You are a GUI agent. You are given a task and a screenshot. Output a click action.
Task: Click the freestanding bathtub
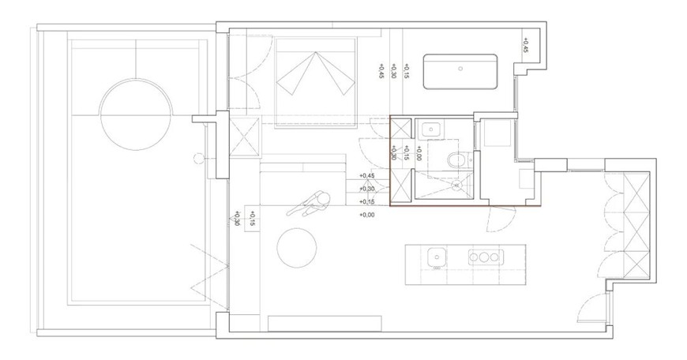[x=460, y=72]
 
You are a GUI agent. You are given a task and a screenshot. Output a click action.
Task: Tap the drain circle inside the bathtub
[x=460, y=69]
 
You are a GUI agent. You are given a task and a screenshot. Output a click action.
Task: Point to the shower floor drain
[x=456, y=185]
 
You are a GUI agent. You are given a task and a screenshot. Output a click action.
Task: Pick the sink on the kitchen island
[x=437, y=257]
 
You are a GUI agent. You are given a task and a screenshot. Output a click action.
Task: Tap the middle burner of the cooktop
[x=484, y=257]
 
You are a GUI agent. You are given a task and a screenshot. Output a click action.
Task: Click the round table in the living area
[x=297, y=248]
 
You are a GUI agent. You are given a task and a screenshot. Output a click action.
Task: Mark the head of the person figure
[x=323, y=199]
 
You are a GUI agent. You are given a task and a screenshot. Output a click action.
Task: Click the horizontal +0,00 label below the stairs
[x=367, y=215]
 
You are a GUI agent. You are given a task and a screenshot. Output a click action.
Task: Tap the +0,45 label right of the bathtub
[x=526, y=45]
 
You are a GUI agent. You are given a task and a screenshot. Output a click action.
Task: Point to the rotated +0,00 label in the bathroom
[x=419, y=153]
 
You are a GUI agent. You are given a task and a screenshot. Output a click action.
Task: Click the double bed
[x=315, y=83]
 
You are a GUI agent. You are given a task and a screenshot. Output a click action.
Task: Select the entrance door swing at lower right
[x=591, y=306]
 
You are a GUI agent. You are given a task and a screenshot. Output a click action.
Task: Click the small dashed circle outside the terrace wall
[x=198, y=157]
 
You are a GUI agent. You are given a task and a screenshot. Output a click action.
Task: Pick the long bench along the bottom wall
[x=325, y=323]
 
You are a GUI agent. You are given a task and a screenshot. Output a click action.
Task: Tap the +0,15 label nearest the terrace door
[x=253, y=219]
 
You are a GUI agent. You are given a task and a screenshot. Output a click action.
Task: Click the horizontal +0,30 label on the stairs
[x=367, y=189]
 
